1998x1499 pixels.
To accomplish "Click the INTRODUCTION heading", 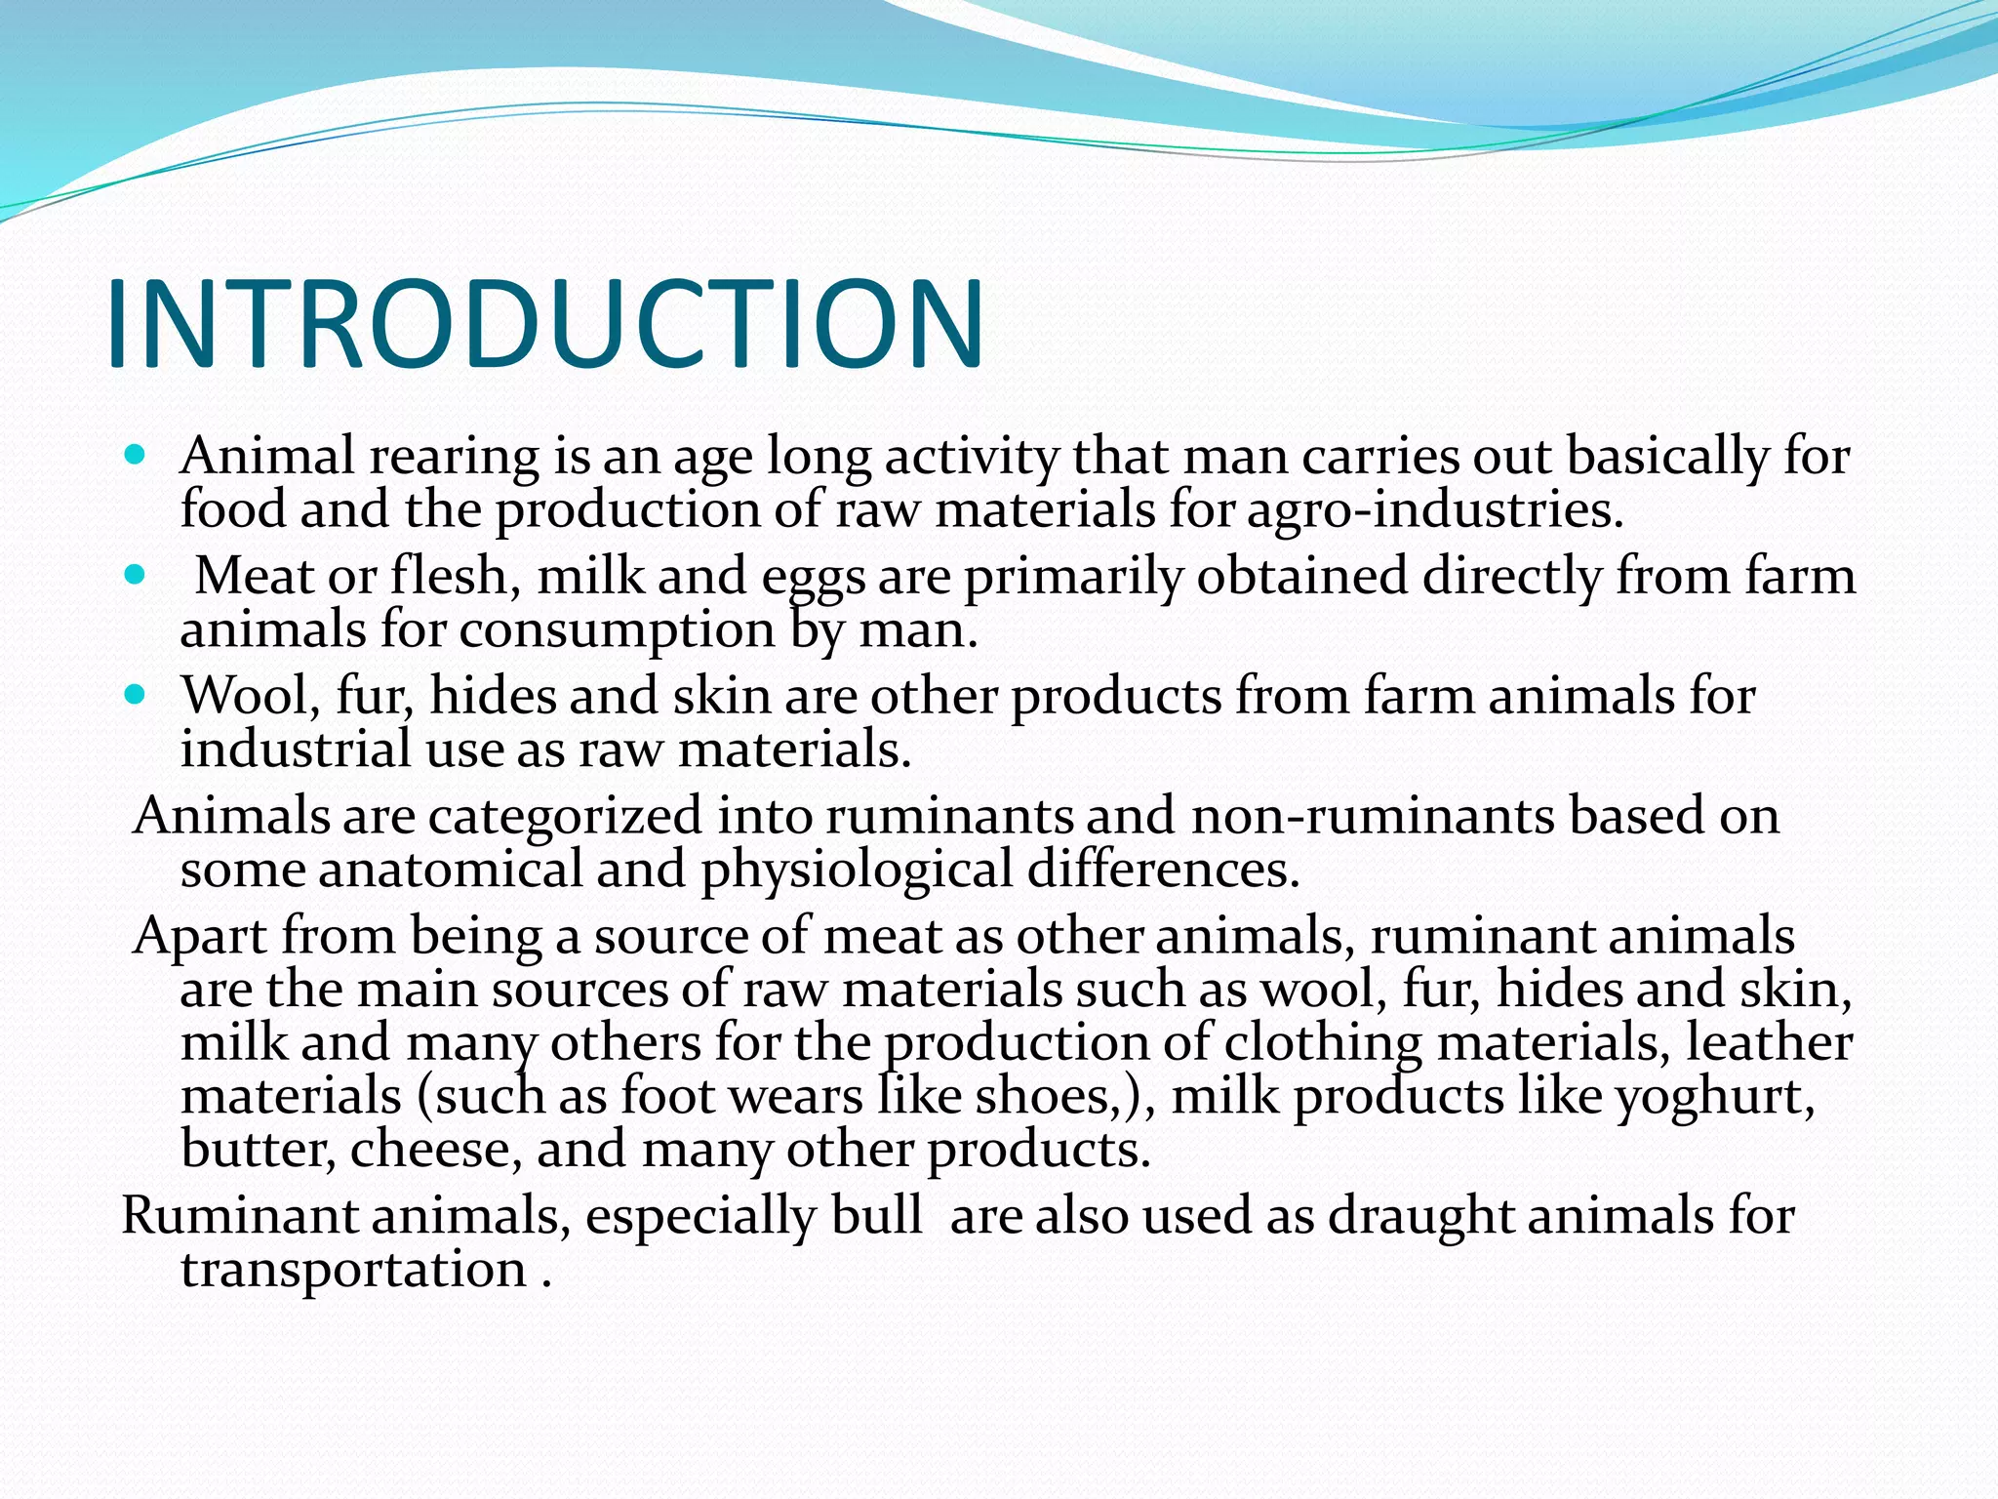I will click(544, 324).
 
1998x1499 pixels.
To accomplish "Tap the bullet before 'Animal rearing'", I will click(136, 455).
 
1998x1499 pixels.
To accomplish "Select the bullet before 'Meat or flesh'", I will click(136, 575).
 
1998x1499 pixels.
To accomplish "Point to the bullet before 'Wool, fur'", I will click(136, 695).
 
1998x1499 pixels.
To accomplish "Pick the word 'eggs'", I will click(814, 578).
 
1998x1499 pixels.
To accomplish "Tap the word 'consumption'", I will click(617, 629).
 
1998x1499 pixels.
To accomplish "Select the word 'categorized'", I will click(565, 816).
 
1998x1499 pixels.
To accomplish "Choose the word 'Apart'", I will click(200, 937).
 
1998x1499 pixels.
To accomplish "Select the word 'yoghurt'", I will click(1714, 1097).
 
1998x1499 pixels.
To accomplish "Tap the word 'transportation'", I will click(353, 1271).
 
